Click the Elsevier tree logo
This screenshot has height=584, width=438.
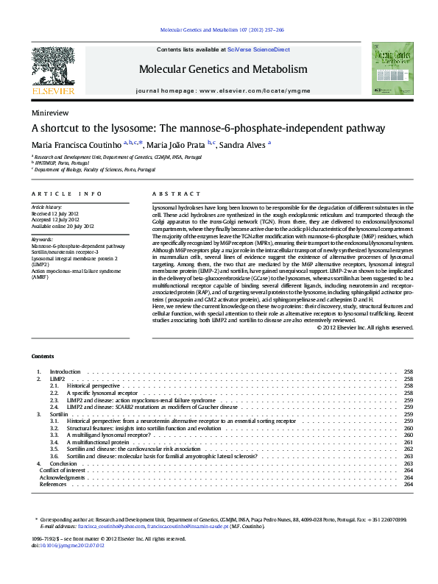(x=52, y=68)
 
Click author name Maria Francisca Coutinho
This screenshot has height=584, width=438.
(x=66, y=143)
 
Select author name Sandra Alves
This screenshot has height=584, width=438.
(x=225, y=143)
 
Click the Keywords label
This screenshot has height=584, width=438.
(x=42, y=240)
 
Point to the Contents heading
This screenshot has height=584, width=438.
(x=42, y=355)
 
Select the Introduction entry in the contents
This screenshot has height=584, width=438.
(x=65, y=372)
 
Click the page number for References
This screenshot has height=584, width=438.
(x=409, y=484)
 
